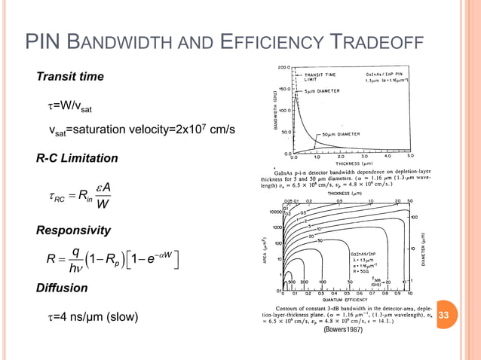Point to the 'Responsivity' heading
(x=73, y=230)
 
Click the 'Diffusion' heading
(x=62, y=288)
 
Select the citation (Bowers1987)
(x=343, y=330)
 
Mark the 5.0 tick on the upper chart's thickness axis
(x=410, y=158)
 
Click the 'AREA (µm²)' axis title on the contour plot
(x=269, y=245)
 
